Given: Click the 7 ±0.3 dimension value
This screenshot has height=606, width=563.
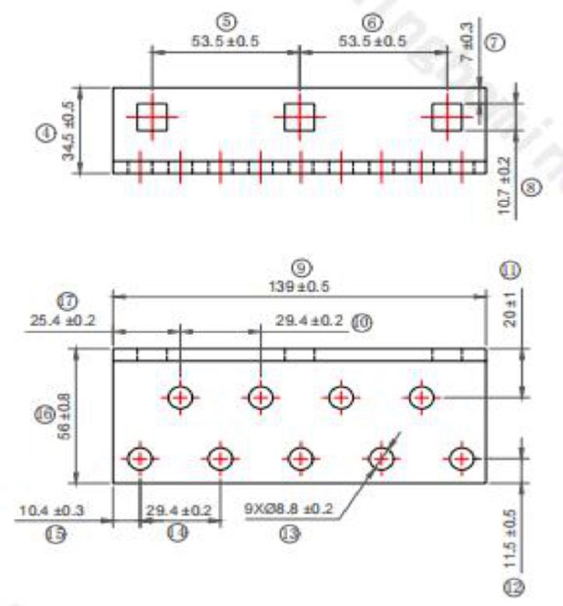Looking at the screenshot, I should tap(467, 44).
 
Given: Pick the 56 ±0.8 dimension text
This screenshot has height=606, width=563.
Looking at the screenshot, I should tap(65, 416).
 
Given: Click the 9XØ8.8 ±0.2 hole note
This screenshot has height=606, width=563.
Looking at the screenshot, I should tap(288, 510).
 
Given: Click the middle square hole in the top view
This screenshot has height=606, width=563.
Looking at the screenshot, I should tap(299, 117).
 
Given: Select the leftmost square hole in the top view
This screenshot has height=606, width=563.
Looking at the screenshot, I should tap(152, 117).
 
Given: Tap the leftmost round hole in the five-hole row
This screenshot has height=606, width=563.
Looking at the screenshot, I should tap(140, 458).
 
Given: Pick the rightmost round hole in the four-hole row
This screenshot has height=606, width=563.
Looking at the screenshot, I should tap(421, 398).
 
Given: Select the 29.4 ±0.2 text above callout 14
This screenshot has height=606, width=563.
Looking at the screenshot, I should tap(179, 510).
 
